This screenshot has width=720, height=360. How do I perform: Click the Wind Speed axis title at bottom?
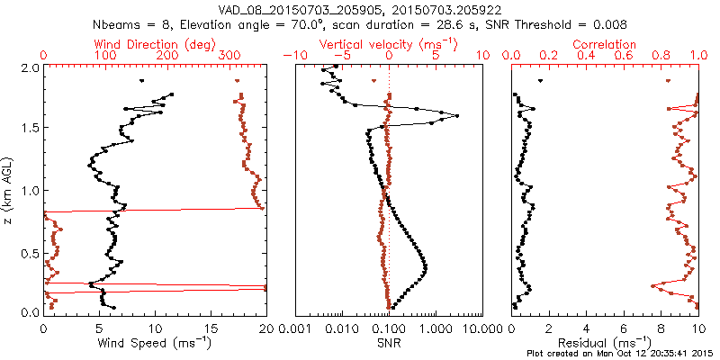pos(155,343)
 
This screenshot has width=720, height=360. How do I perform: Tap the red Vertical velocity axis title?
pos(388,44)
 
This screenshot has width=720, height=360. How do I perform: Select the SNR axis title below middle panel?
pos(388,343)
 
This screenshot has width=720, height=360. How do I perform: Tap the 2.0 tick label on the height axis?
pos(29,67)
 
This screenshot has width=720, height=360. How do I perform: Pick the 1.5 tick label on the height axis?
pos(29,129)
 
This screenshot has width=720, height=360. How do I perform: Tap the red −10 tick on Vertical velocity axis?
pos(292,56)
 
